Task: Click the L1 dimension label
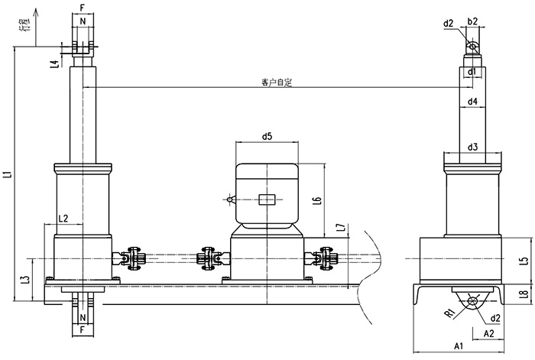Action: (x=8, y=174)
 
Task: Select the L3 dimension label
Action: (x=27, y=280)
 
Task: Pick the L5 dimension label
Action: (x=523, y=261)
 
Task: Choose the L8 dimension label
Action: (x=523, y=294)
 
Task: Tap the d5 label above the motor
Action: (x=267, y=138)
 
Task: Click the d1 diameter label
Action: (x=472, y=73)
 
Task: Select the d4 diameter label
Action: (x=472, y=101)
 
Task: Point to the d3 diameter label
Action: (x=472, y=147)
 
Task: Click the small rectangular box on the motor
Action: (x=267, y=201)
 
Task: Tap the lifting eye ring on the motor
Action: (x=229, y=201)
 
